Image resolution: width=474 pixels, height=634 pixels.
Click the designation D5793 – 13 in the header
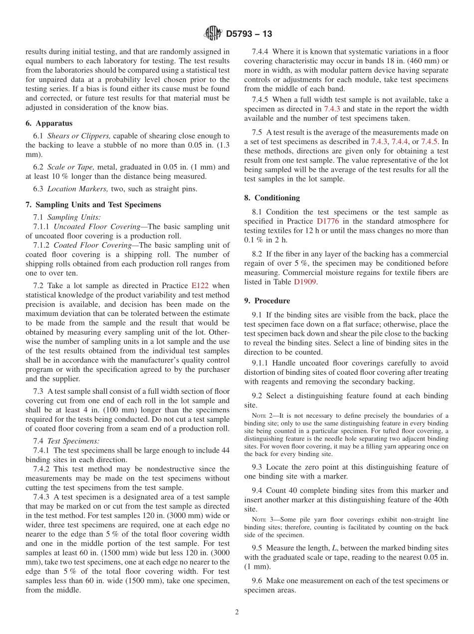(249, 34)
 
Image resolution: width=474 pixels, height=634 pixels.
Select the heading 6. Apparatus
(49, 123)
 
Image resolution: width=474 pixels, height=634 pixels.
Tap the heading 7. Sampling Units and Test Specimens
(93, 205)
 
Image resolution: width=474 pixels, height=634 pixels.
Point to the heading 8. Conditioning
(272, 198)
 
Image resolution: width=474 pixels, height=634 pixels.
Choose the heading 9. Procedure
(267, 301)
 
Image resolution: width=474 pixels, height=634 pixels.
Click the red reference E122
(200, 286)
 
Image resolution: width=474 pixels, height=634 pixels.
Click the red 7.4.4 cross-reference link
(400, 141)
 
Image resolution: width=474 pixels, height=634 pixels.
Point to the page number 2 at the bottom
(237, 612)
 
